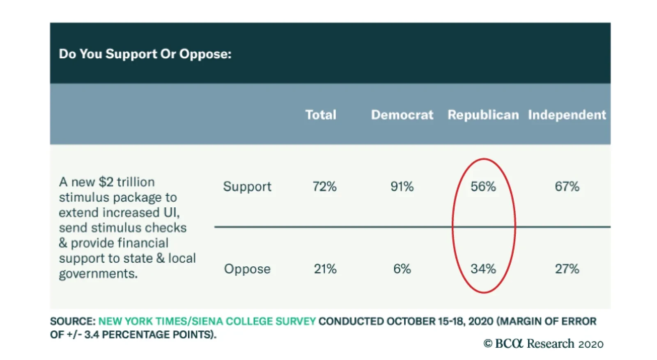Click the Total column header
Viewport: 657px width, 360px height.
pyautogui.click(x=321, y=115)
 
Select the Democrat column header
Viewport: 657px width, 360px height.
pyautogui.click(x=402, y=115)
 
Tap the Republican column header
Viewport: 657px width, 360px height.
pyautogui.click(x=483, y=115)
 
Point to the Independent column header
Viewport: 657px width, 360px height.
pyautogui.click(x=567, y=115)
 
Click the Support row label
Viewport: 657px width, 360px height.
pyautogui.click(x=247, y=186)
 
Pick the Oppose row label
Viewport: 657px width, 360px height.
pyautogui.click(x=247, y=269)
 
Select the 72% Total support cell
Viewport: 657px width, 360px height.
pyautogui.click(x=324, y=186)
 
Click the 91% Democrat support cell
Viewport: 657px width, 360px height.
pyautogui.click(x=402, y=186)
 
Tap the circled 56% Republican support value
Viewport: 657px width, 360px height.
pyautogui.click(x=483, y=186)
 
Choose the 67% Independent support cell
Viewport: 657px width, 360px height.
pyautogui.click(x=567, y=186)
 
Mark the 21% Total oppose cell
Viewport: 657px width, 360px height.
pyautogui.click(x=325, y=269)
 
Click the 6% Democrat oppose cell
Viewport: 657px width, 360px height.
pyautogui.click(x=402, y=269)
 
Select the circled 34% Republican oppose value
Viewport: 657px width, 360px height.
pyautogui.click(x=483, y=269)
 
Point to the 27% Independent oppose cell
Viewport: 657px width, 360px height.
pyautogui.click(x=567, y=269)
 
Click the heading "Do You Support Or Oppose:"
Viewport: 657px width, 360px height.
pyautogui.click(x=145, y=54)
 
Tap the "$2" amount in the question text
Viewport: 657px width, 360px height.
pyautogui.click(x=106, y=182)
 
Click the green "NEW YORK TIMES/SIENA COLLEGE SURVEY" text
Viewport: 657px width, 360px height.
pyautogui.click(x=207, y=321)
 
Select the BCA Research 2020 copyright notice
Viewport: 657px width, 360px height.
pyautogui.click(x=543, y=344)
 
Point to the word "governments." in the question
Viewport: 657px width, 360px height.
pyautogui.click(x=98, y=274)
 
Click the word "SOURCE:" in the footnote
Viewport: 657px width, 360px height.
pyautogui.click(x=73, y=321)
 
